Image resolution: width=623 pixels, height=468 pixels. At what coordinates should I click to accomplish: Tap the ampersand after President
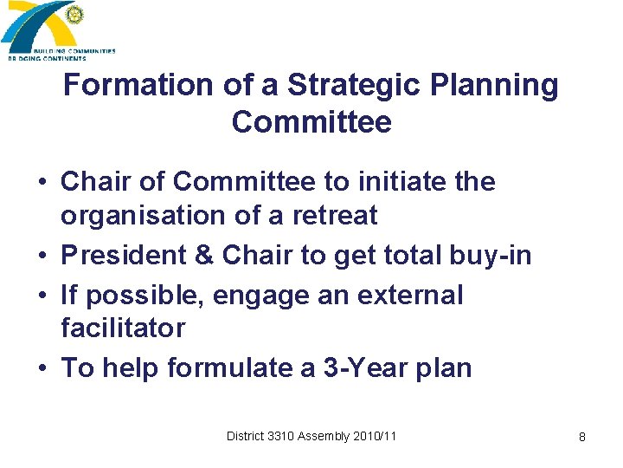(206, 256)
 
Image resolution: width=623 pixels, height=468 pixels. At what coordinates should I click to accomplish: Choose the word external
(408, 296)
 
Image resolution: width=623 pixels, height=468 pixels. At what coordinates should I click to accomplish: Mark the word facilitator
(123, 328)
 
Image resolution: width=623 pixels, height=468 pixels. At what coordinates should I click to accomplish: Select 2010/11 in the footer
(375, 436)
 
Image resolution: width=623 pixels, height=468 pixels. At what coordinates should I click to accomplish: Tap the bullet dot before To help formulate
(42, 368)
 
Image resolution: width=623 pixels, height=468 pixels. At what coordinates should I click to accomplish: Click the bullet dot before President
(42, 256)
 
